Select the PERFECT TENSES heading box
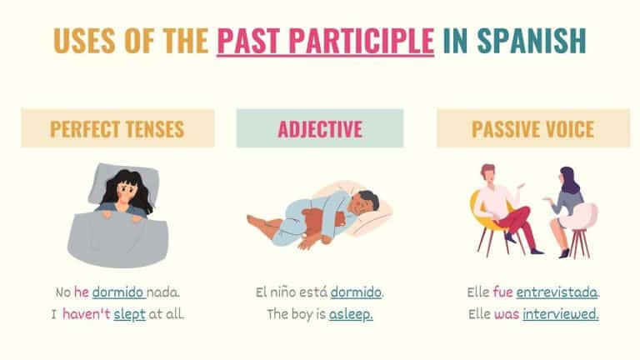click(117, 129)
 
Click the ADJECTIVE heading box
click(320, 129)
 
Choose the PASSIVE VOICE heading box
click(521, 129)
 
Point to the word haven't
click(85, 314)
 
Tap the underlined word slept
click(128, 314)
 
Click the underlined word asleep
click(351, 314)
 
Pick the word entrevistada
click(557, 292)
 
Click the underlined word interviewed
click(560, 314)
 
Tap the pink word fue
click(502, 292)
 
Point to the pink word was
click(507, 314)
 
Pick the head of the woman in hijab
click(569, 179)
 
